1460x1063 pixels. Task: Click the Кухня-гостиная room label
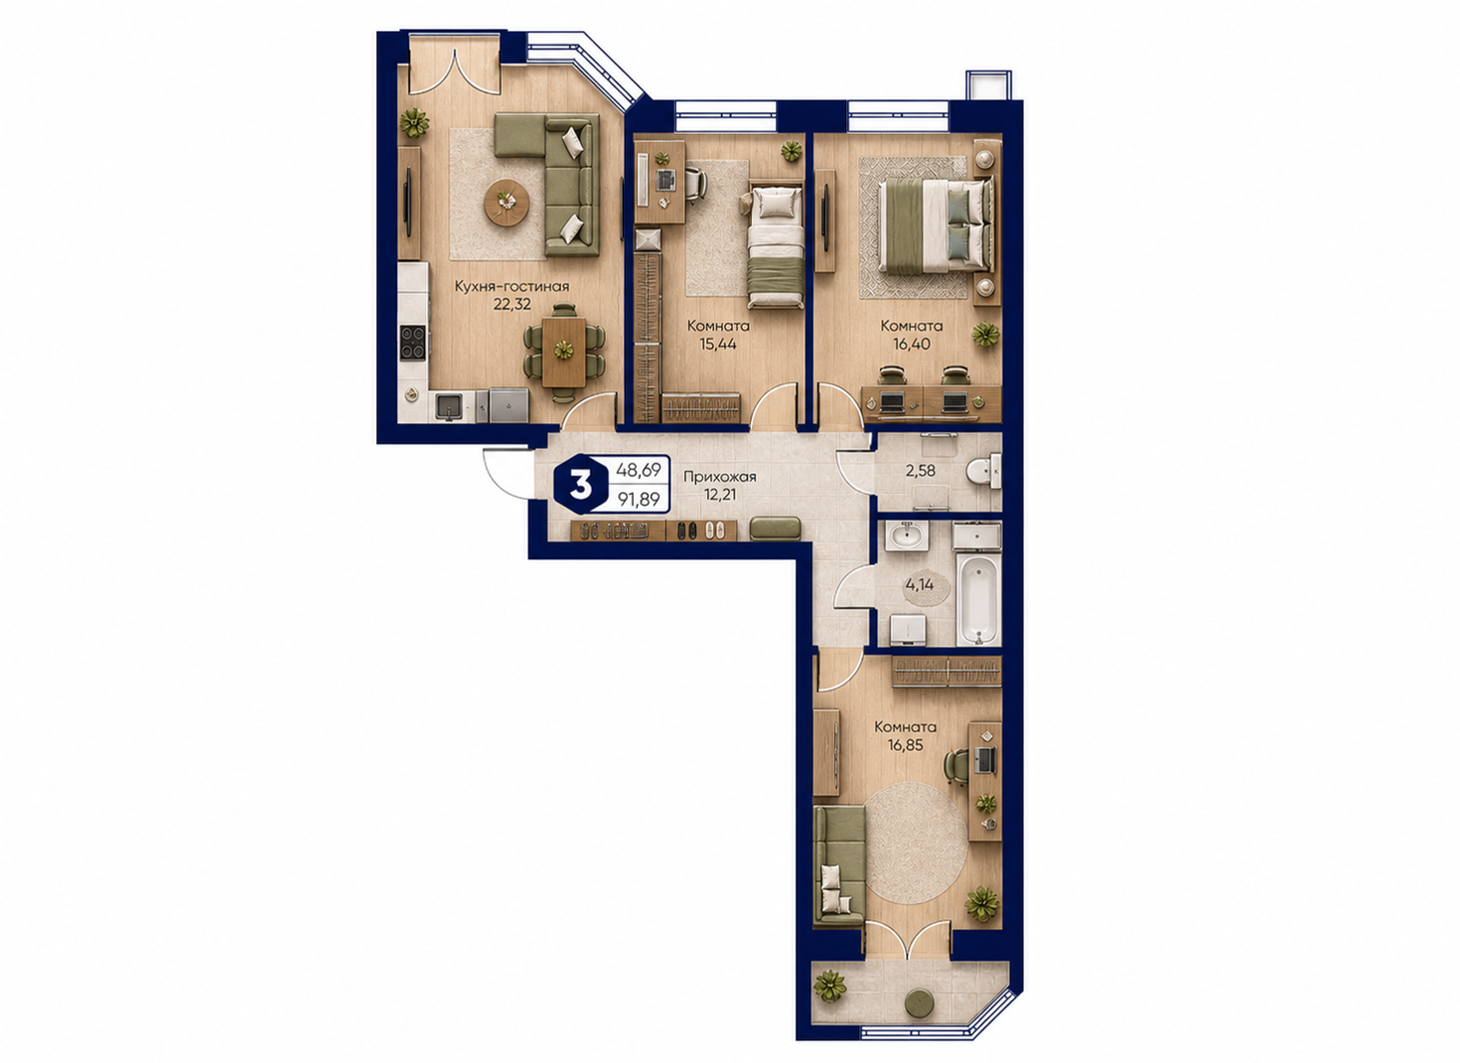[511, 286]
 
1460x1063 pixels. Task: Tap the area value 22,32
[512, 305]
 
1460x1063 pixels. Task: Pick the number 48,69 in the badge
[639, 470]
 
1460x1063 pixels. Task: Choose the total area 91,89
[639, 500]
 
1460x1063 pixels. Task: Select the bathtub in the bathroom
[977, 601]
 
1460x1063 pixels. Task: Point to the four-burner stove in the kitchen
[412, 343]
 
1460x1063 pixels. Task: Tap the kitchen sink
[449, 406]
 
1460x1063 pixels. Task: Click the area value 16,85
[905, 745]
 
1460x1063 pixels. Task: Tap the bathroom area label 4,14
[919, 584]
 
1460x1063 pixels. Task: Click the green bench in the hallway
[775, 529]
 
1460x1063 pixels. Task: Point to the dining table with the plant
[564, 352]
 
